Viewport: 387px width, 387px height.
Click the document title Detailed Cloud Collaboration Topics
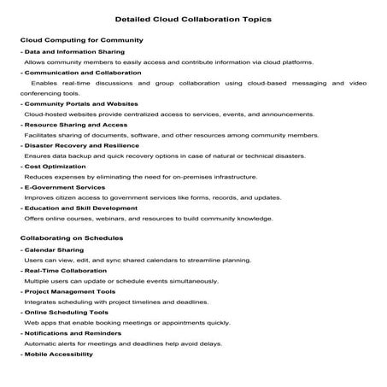193,18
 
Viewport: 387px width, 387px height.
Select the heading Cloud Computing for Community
67,40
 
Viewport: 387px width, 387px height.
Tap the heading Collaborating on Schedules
71,237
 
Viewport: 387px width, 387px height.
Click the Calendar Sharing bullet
53,249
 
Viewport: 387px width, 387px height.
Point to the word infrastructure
229,177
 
